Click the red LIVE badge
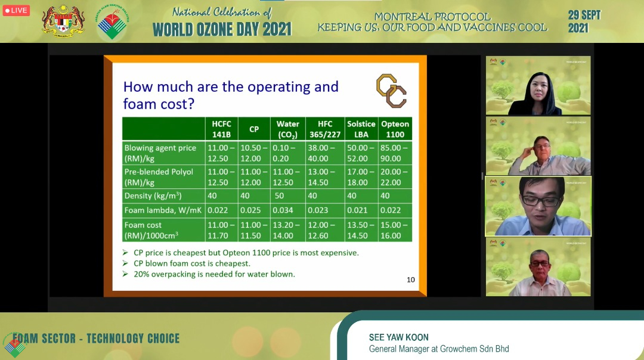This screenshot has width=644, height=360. pyautogui.click(x=16, y=10)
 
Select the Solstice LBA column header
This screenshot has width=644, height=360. pyautogui.click(x=361, y=129)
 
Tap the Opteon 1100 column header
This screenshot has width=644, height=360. pyautogui.click(x=395, y=129)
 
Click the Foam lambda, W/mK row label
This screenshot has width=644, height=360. pyautogui.click(x=163, y=210)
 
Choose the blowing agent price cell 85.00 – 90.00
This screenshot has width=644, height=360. pyautogui.click(x=395, y=153)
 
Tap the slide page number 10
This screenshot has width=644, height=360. pyautogui.click(x=411, y=280)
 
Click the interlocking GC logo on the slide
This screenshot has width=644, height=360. pyautogui.click(x=391, y=91)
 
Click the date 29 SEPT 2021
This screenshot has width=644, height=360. pyautogui.click(x=584, y=22)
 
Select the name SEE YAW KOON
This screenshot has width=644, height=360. pyautogui.click(x=398, y=337)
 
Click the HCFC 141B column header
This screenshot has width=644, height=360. pyautogui.click(x=221, y=129)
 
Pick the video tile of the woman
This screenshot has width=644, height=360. pyautogui.click(x=538, y=85)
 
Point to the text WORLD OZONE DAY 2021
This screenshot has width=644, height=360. pyautogui.click(x=222, y=30)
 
